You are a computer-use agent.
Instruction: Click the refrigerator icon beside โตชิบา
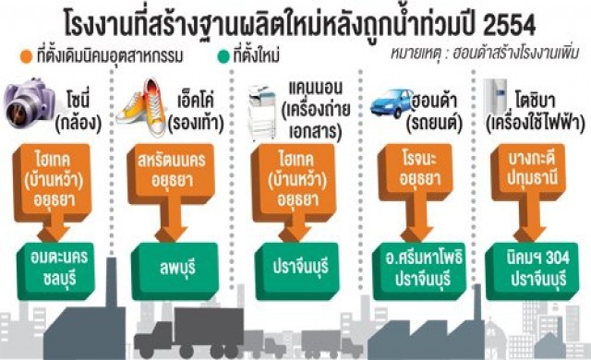[x=499, y=106]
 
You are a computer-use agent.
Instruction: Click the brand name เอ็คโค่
[x=197, y=96]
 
